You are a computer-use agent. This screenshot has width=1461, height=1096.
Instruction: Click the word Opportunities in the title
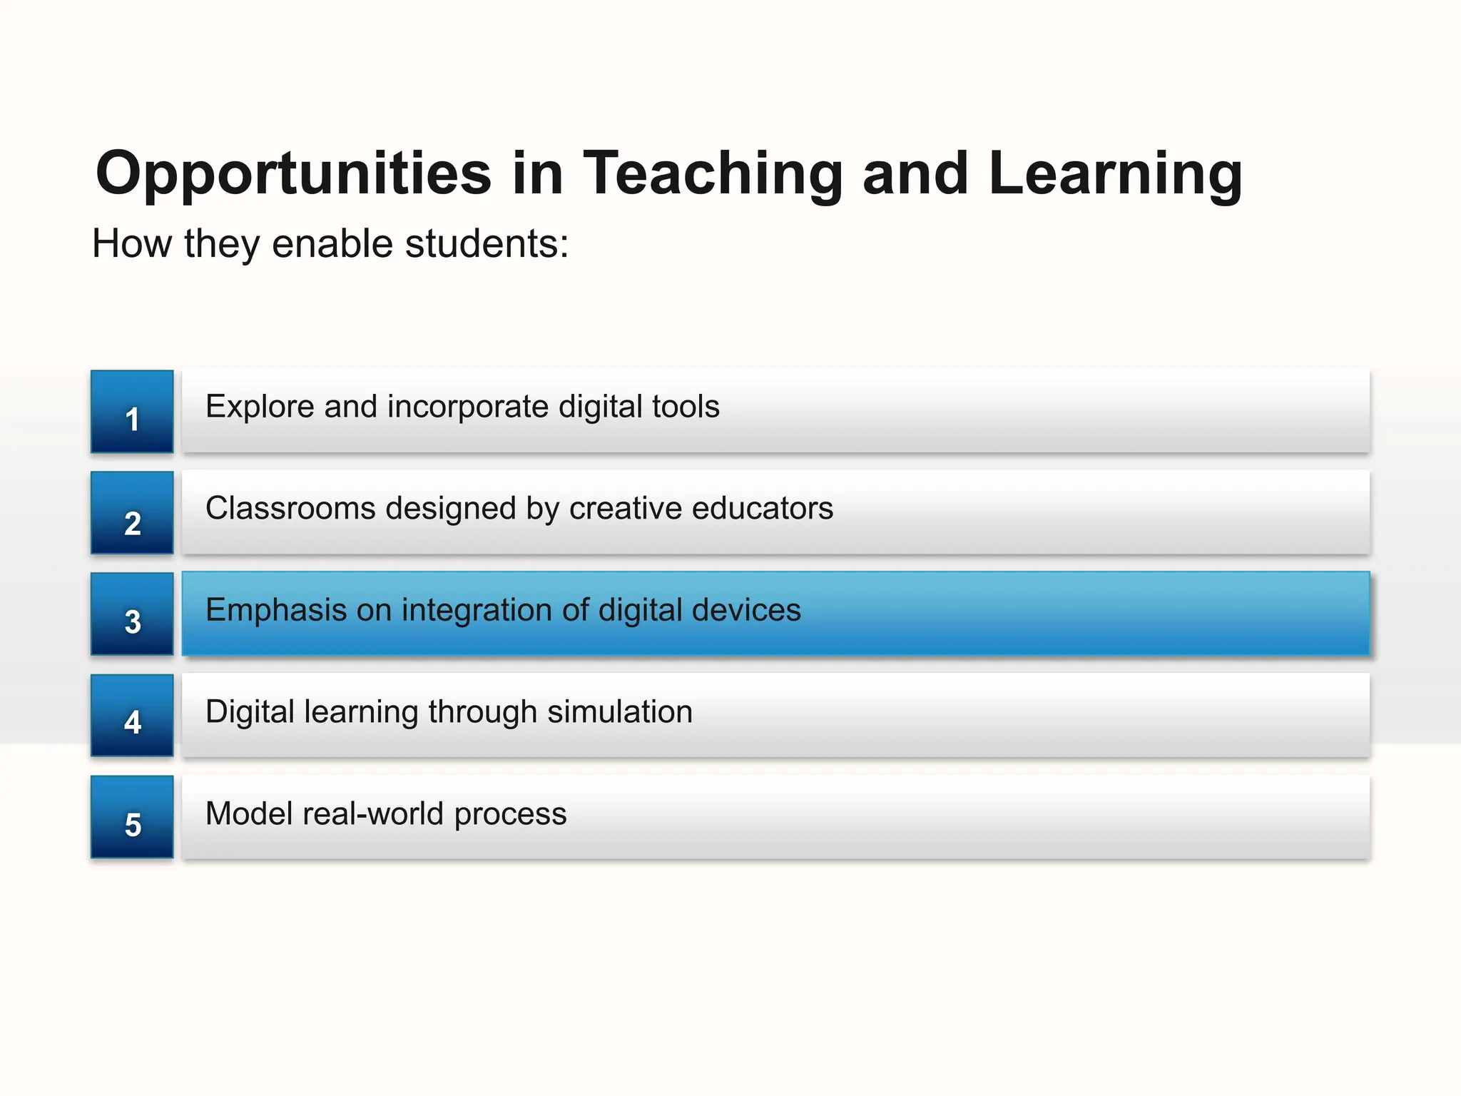click(293, 174)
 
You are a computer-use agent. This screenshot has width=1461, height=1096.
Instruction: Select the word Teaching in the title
click(713, 174)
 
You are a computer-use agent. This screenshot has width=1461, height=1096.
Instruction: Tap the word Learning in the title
click(1115, 174)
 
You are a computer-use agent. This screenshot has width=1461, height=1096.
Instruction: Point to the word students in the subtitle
click(487, 244)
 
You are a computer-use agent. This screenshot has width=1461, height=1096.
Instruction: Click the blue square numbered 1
click(132, 412)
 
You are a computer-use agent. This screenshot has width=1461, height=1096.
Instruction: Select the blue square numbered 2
click(132, 513)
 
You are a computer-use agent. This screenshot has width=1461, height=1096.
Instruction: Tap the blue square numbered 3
click(132, 614)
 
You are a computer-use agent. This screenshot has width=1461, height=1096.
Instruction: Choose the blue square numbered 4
click(132, 716)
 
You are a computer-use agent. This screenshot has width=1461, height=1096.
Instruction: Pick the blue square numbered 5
click(132, 817)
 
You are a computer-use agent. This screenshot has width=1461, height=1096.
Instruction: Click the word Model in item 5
click(248, 814)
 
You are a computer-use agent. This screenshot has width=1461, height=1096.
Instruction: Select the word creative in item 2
click(625, 509)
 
